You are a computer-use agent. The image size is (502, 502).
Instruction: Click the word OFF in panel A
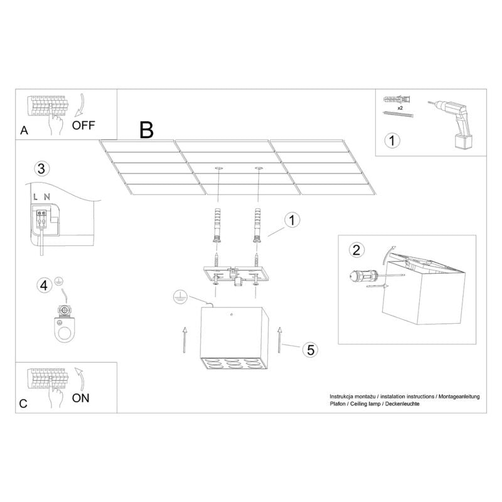click(x=83, y=124)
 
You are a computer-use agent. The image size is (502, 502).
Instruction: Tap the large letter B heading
click(x=146, y=130)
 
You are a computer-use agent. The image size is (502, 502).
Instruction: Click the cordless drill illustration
click(x=455, y=122)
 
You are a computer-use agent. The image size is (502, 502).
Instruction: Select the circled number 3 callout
click(x=41, y=168)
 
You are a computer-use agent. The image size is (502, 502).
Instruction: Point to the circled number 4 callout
click(x=44, y=286)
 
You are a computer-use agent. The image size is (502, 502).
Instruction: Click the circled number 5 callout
click(x=309, y=350)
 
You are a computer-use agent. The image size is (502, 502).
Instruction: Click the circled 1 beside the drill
click(x=392, y=140)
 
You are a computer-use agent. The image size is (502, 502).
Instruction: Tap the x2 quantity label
click(x=400, y=107)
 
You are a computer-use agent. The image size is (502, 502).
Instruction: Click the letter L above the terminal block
click(x=36, y=198)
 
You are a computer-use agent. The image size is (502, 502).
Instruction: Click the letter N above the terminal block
click(x=47, y=198)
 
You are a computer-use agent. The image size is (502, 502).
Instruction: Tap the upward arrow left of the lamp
click(x=184, y=339)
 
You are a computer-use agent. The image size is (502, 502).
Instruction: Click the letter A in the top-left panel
click(x=24, y=131)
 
